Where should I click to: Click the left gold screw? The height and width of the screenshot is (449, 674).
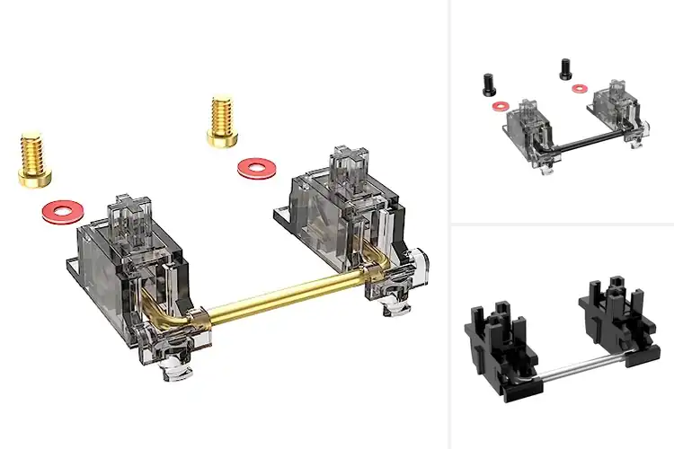[x=32, y=160]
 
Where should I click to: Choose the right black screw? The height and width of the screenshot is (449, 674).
[x=566, y=67]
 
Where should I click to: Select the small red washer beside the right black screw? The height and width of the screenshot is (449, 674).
[x=581, y=88]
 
